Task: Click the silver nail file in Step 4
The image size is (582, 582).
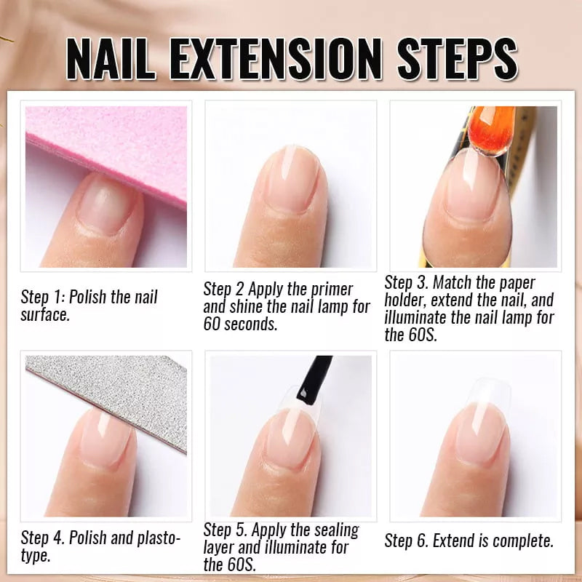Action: pyautogui.click(x=109, y=396)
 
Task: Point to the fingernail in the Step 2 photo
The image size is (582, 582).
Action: pyautogui.click(x=291, y=178)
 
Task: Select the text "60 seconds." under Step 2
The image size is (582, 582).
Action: pyautogui.click(x=240, y=324)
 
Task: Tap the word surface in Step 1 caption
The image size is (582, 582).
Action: pyautogui.click(x=45, y=315)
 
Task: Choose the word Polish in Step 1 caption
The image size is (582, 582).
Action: pyautogui.click(x=89, y=298)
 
